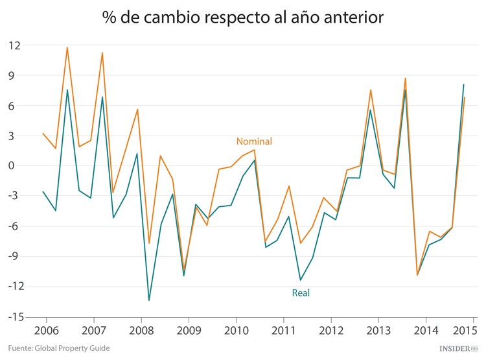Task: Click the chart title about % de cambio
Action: (243, 18)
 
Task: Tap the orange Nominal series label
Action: (254, 141)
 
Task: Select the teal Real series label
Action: (301, 293)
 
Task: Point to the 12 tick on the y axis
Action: (14, 45)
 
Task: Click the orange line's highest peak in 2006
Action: (67, 47)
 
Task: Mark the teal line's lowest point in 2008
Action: (149, 300)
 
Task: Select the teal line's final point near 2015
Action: (463, 84)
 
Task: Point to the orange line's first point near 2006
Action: (43, 134)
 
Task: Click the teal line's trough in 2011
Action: (301, 280)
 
